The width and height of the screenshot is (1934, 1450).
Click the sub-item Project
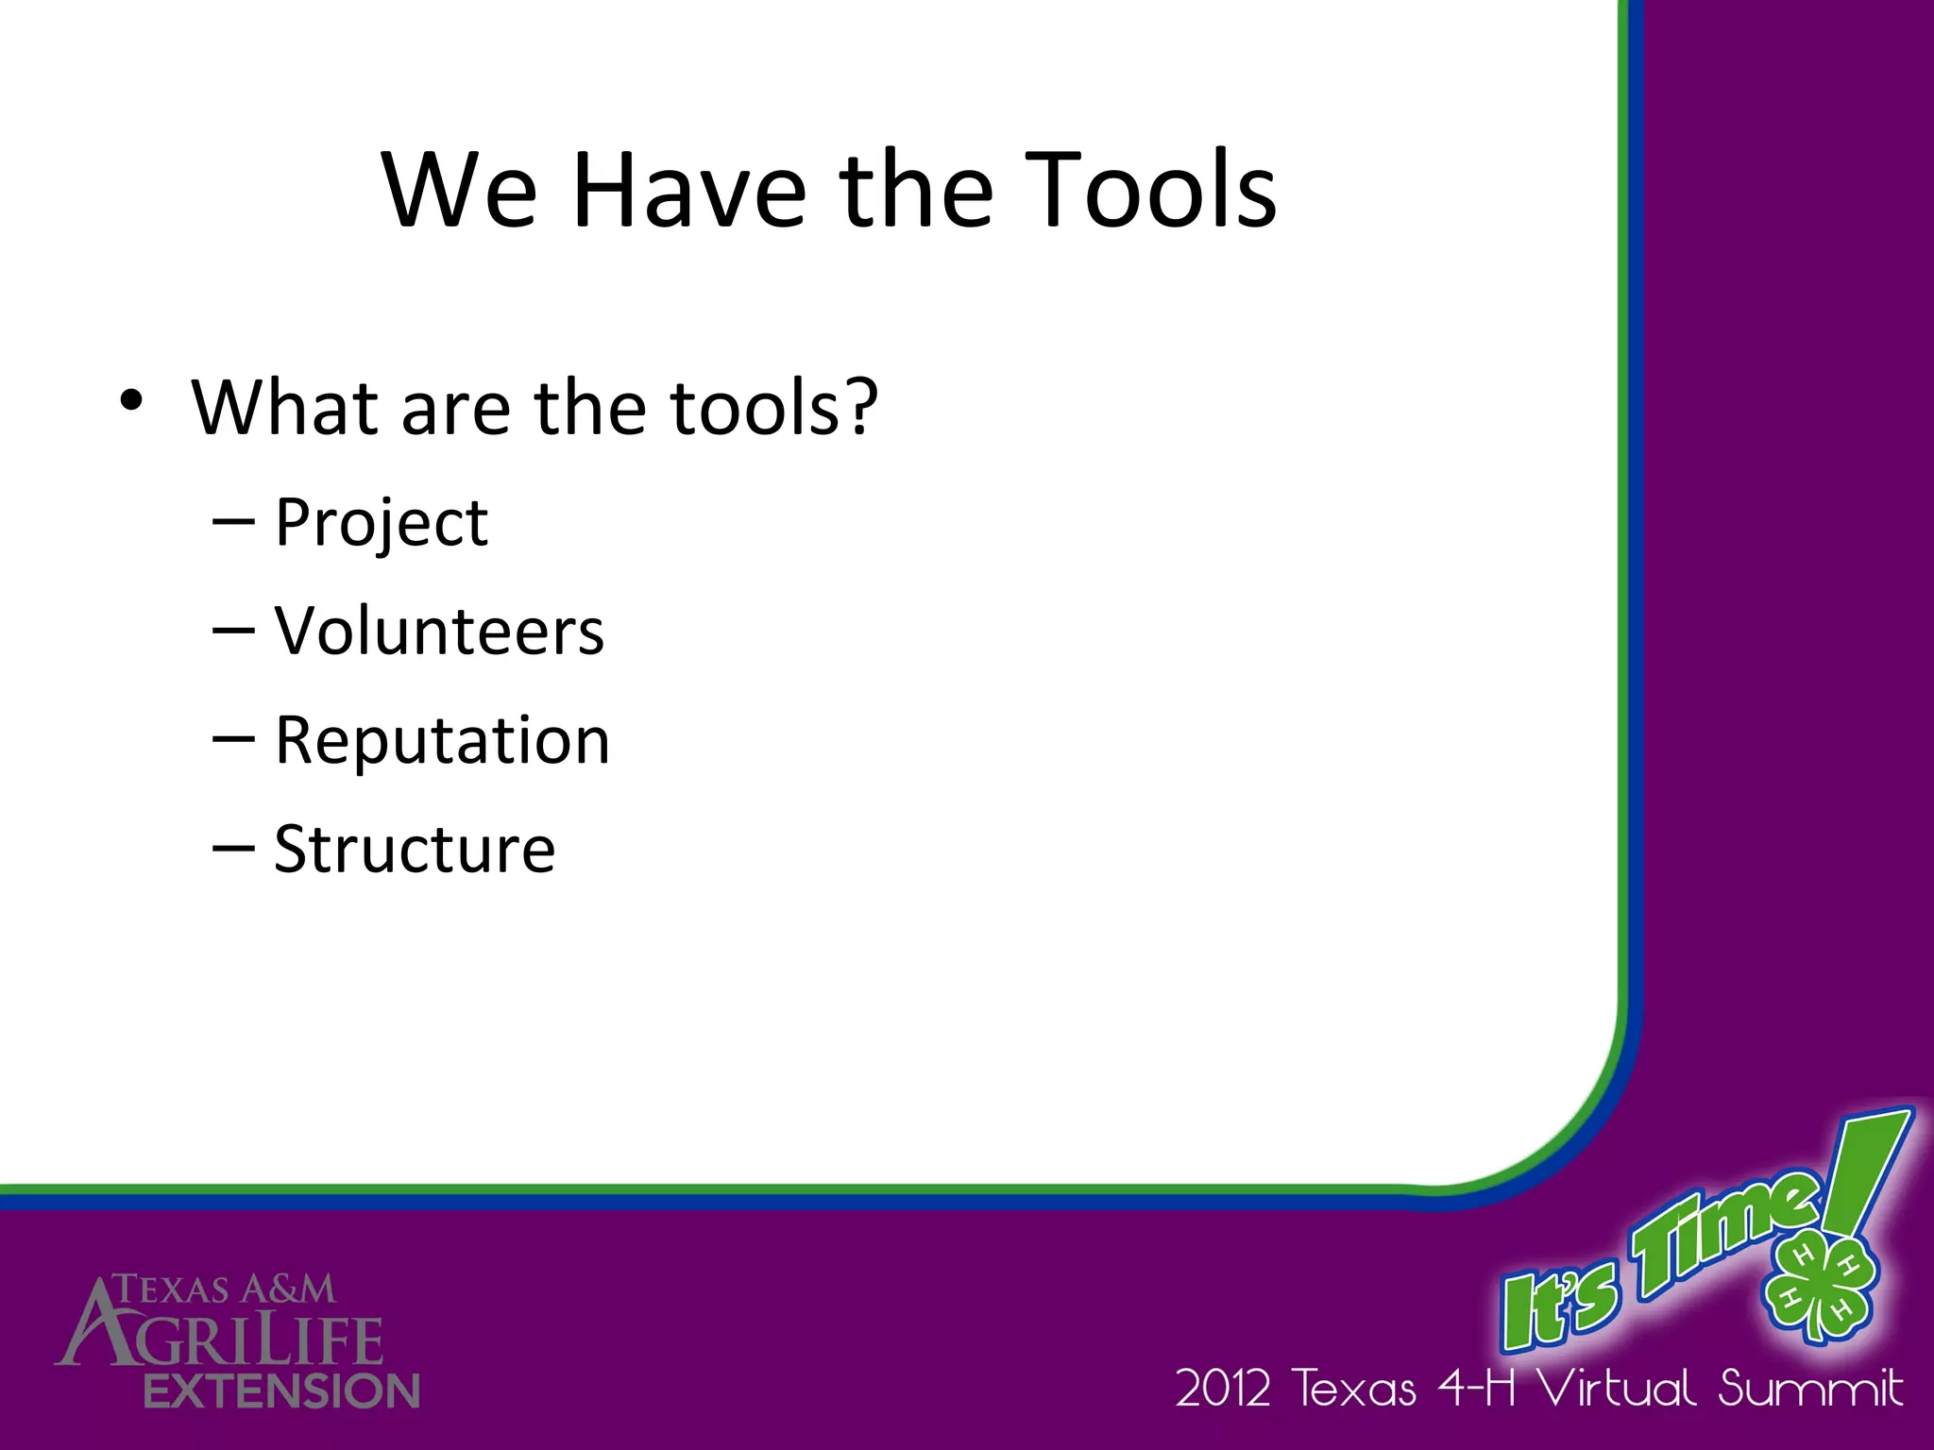click(381, 522)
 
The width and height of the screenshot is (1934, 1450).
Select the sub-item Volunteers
click(439, 631)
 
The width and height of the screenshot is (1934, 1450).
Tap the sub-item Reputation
click(442, 739)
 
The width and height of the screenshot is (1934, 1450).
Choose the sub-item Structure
click(415, 849)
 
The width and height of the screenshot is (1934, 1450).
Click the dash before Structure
click(233, 847)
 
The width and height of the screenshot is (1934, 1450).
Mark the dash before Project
click(233, 521)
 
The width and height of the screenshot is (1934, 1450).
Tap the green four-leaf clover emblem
click(1818, 1284)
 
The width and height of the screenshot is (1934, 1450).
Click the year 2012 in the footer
click(1224, 1390)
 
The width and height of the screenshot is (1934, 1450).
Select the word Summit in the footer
click(1810, 1389)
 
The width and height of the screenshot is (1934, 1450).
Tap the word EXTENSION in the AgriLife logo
click(281, 1391)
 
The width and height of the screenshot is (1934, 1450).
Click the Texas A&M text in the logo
click(224, 1290)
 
